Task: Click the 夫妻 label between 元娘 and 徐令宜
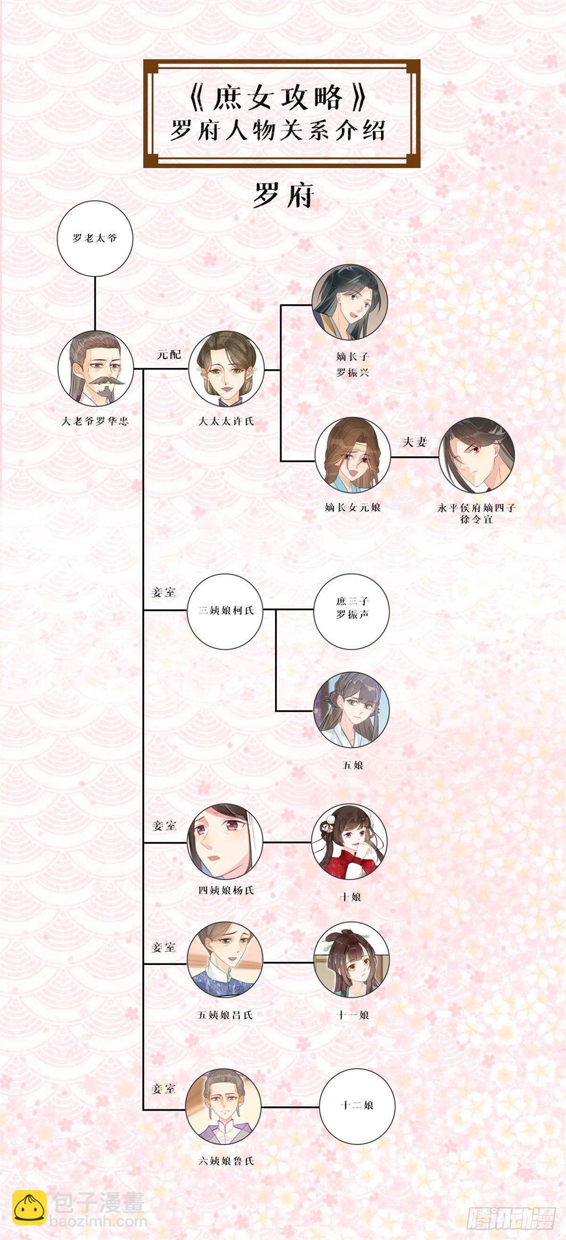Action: click(x=415, y=442)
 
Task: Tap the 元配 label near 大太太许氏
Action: click(x=169, y=355)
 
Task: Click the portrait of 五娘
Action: click(x=351, y=710)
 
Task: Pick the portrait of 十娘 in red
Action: click(x=350, y=842)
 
